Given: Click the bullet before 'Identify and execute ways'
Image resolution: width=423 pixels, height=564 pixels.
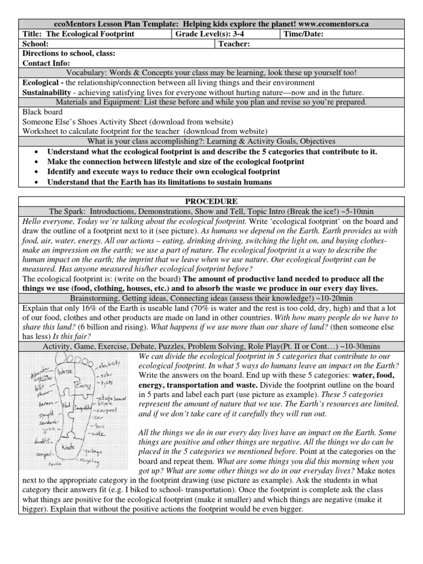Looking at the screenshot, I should (x=36, y=172).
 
